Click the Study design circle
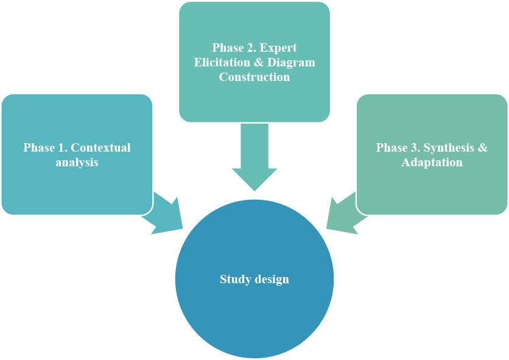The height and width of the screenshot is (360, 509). (x=254, y=305)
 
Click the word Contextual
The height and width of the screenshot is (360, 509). (x=101, y=148)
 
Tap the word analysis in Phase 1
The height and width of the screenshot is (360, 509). (x=77, y=163)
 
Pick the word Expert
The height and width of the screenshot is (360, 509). (x=276, y=48)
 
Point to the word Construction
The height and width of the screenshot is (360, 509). (x=254, y=77)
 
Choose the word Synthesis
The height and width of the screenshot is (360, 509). (x=450, y=148)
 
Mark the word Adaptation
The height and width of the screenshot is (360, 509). (x=432, y=163)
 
